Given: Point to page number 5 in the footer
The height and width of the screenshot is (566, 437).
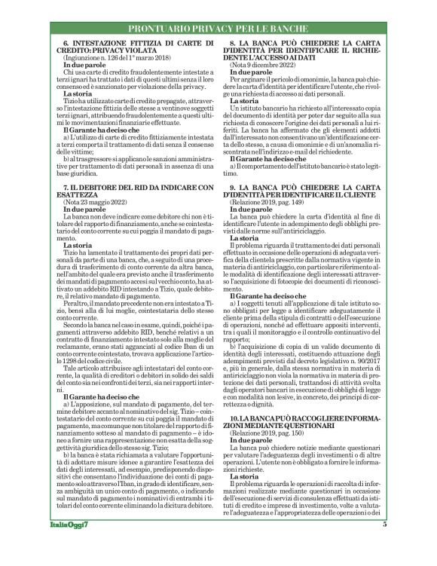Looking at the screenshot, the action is [384, 546].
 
